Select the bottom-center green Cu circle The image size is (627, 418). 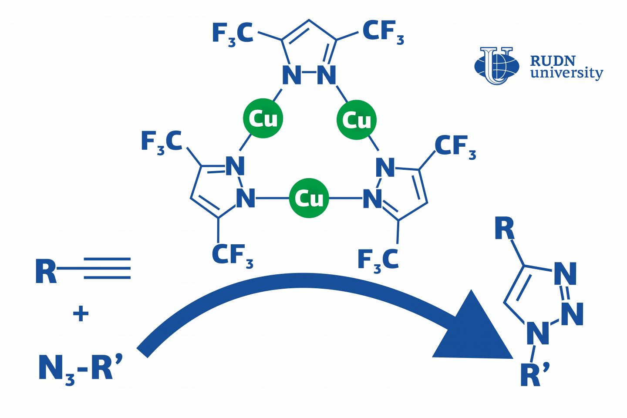pos(309,199)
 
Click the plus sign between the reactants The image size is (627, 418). pos(81,313)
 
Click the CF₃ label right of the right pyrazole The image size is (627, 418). pos(455,147)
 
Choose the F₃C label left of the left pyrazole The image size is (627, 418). pos(161,142)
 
